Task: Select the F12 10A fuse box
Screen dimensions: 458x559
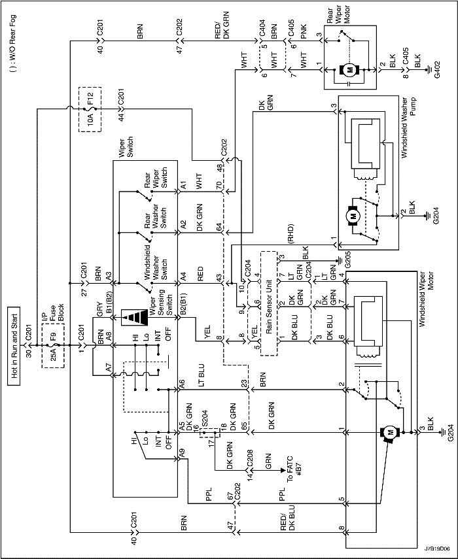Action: (x=90, y=109)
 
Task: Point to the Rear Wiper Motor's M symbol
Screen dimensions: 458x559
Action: (x=349, y=70)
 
